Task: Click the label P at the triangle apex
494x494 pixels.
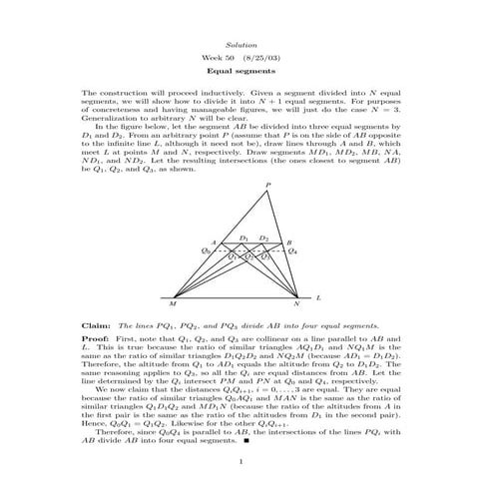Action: (267, 186)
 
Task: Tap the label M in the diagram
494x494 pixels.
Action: (175, 304)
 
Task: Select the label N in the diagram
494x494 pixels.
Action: (295, 304)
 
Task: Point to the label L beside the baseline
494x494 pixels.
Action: (318, 296)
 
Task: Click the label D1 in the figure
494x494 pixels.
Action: (245, 238)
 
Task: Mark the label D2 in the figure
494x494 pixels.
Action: (263, 238)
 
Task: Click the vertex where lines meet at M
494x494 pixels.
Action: (170, 296)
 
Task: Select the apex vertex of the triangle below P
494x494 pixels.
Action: (267, 194)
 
